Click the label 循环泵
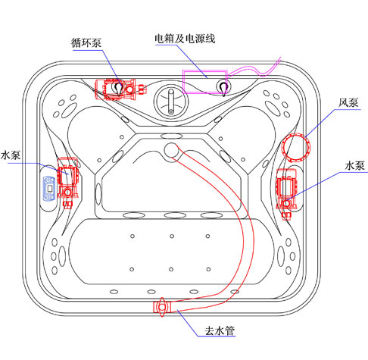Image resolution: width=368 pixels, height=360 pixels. [x=86, y=42]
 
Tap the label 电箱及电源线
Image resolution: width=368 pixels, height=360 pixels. [x=185, y=39]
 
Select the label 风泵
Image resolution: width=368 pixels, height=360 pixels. [x=348, y=102]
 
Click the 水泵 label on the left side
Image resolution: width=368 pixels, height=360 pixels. [x=11, y=155]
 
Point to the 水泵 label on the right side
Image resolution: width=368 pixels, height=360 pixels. [x=355, y=166]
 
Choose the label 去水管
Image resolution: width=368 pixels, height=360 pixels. [x=220, y=330]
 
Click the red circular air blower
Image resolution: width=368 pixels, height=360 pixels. [x=295, y=147]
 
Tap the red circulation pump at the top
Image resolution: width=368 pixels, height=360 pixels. [x=120, y=89]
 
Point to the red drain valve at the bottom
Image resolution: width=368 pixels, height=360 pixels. [x=162, y=307]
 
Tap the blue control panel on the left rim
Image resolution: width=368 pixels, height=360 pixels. [x=49, y=188]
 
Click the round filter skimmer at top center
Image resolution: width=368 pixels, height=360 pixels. [x=171, y=101]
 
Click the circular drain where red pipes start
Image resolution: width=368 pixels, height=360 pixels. [x=171, y=150]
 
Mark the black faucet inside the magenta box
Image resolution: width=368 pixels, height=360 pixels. [x=223, y=88]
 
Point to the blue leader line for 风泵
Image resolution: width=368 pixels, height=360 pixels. [x=320, y=123]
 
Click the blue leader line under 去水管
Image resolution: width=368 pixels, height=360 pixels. [x=187, y=323]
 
